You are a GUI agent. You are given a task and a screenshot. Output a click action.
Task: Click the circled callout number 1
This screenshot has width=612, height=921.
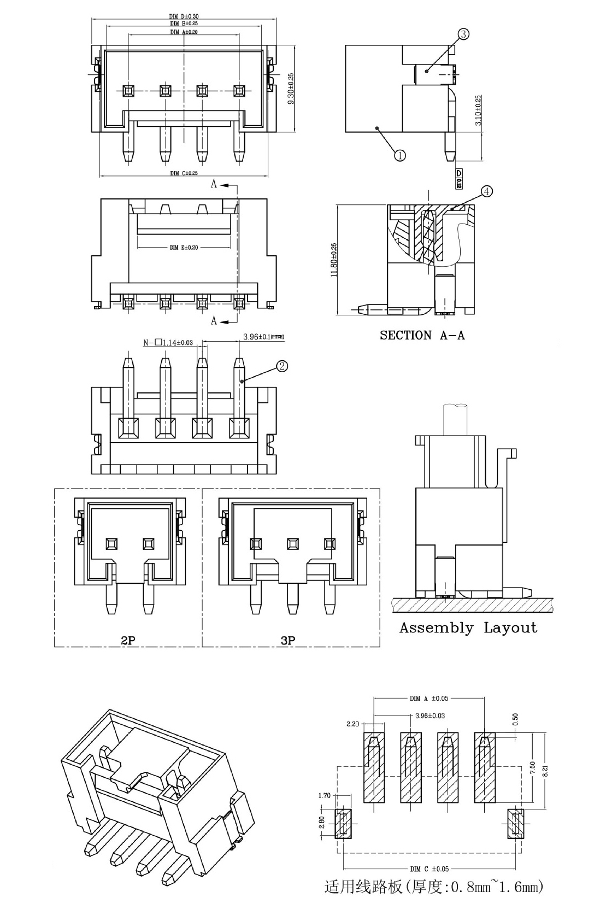(400, 155)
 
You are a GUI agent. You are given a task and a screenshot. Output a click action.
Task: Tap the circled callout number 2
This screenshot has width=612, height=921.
(283, 366)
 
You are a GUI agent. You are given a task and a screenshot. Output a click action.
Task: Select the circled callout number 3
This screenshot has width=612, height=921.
(463, 34)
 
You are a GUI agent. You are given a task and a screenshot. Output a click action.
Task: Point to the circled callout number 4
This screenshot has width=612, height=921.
(487, 191)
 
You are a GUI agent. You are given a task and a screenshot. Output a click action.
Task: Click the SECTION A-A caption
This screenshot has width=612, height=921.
(422, 336)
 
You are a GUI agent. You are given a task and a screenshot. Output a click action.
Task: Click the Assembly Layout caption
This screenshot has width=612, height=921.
(468, 627)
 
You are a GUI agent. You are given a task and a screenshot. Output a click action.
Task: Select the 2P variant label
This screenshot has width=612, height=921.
(128, 640)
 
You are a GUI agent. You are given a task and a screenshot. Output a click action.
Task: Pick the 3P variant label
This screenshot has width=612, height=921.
(288, 640)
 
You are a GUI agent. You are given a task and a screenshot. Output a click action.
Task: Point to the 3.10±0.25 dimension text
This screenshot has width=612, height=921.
(479, 112)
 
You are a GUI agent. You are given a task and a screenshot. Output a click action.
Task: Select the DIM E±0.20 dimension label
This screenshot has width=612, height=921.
(184, 248)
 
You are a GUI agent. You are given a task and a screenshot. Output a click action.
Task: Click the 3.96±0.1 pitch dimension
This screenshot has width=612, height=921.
(263, 337)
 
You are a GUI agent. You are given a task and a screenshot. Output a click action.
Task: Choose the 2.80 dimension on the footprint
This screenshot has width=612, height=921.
(322, 822)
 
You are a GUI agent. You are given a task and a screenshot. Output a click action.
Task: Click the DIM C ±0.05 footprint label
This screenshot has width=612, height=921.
(429, 869)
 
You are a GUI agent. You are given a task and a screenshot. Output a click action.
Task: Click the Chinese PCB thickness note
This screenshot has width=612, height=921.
(434, 887)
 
